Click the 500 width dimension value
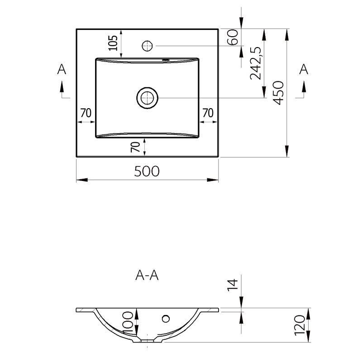pos(147,171)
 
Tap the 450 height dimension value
pos(278,93)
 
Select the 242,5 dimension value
pos(256,63)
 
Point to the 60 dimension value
pos(233,37)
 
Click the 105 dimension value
pos(113,43)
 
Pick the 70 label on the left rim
pos(86,113)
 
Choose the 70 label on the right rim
pos(208,113)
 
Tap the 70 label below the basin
pos(135,147)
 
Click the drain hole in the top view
pos(148,98)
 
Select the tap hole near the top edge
pos(148,46)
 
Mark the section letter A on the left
pos(62,69)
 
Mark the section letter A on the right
pos(304,69)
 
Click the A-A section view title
pos(147,275)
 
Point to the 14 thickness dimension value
pos(233,285)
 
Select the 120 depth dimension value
pos(300,325)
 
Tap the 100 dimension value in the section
pos(128,323)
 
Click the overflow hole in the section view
pos(166,319)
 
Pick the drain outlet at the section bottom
pos(148,341)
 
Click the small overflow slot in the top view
pos(166,60)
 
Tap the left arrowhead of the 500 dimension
pos(82,180)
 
